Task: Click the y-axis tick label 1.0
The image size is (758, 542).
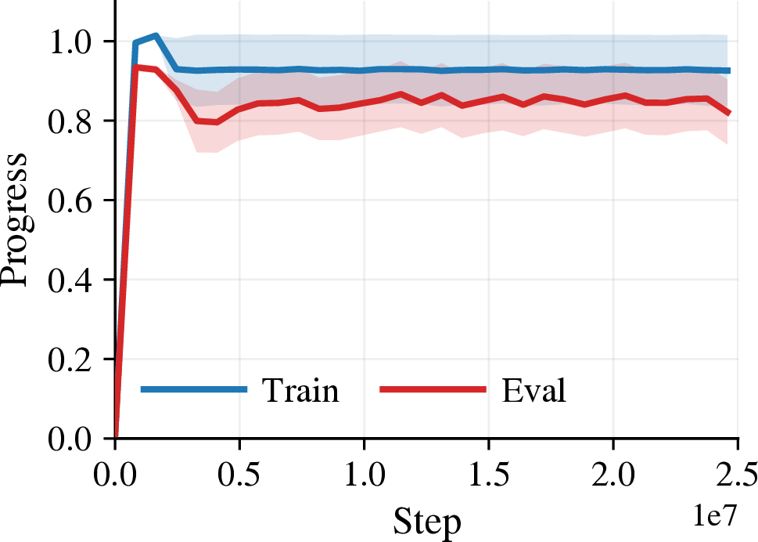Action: [70, 42]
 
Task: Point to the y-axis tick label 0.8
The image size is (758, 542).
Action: [70, 121]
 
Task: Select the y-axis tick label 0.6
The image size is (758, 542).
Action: [70, 201]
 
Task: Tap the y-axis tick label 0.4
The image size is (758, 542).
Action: [70, 280]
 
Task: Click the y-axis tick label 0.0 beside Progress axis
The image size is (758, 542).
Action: [70, 439]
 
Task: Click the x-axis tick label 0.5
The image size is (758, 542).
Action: [239, 475]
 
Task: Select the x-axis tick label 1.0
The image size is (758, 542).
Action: [364, 475]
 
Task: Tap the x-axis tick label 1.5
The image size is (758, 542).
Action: [489, 475]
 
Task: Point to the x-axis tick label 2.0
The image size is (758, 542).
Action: [613, 475]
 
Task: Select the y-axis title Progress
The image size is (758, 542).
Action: [15, 220]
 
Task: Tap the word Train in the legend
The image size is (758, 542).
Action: [300, 390]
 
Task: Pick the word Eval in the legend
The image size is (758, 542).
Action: [533, 390]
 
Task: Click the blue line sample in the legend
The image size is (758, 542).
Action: [194, 389]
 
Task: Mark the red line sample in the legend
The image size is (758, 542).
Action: [433, 389]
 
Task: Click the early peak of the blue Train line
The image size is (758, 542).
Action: [156, 35]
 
